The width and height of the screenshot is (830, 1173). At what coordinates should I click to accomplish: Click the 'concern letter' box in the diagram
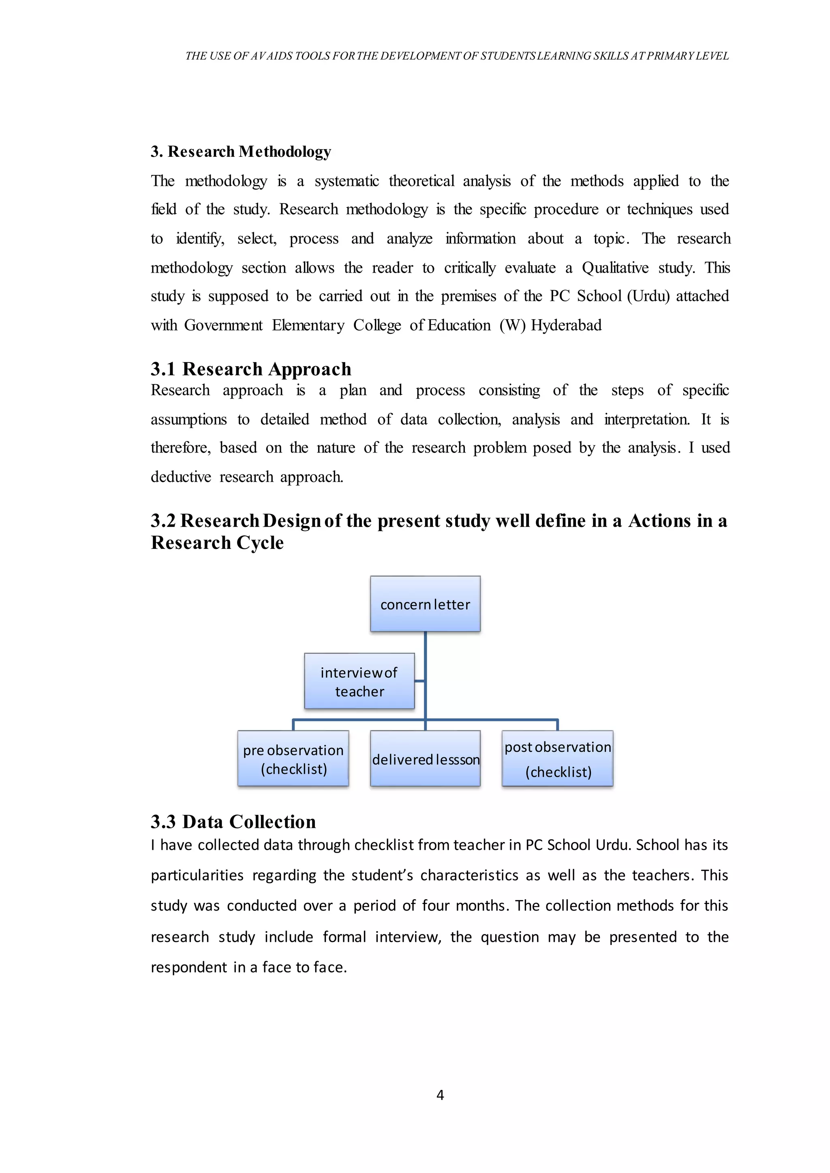[x=425, y=604]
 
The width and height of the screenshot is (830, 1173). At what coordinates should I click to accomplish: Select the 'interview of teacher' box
[x=359, y=681]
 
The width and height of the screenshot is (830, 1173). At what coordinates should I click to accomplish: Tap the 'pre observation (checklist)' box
[x=293, y=759]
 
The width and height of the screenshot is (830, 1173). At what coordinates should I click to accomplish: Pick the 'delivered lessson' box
[x=425, y=759]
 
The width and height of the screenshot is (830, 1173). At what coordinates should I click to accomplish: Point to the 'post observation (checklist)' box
[x=558, y=759]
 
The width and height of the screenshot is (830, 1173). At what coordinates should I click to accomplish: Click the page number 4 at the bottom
[x=440, y=1095]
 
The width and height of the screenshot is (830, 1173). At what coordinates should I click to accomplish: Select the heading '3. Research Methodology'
[x=241, y=152]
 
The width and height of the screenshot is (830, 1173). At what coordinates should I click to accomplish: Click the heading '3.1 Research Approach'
[x=251, y=369]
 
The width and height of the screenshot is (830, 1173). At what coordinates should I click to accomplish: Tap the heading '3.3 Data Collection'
[x=233, y=822]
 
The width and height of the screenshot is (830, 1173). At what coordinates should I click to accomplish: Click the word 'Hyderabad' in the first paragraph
[x=566, y=325]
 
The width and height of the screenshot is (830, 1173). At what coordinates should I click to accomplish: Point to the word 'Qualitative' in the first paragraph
[x=615, y=268]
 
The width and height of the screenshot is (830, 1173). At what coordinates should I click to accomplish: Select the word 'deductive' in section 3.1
[x=181, y=477]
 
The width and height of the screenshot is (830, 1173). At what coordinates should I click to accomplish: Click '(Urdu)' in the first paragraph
[x=648, y=296]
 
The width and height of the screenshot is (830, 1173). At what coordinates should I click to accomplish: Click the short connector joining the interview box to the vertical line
[x=419, y=681]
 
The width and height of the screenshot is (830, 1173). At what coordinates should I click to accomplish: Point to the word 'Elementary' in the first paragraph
[x=308, y=325]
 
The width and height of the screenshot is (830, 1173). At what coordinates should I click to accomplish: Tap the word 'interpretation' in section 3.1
[x=646, y=420]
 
